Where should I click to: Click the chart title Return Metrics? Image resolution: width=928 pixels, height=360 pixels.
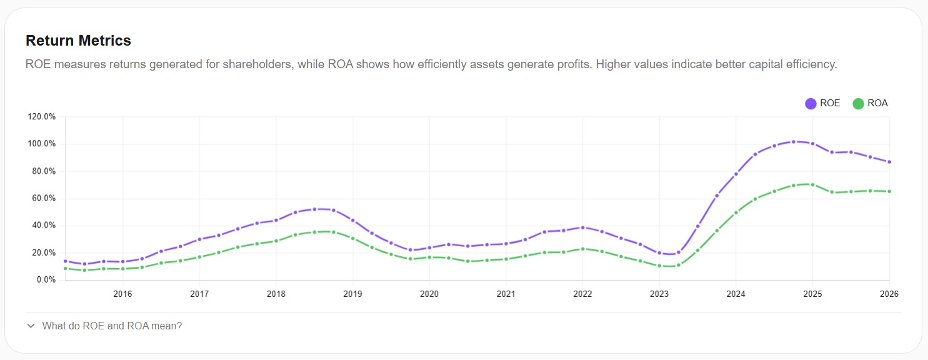(x=78, y=41)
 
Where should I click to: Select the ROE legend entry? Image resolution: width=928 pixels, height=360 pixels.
(x=823, y=104)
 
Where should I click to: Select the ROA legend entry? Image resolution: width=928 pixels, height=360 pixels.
(x=871, y=104)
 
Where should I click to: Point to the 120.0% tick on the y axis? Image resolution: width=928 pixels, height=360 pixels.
(x=42, y=117)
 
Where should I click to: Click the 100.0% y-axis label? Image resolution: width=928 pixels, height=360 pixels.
(x=42, y=144)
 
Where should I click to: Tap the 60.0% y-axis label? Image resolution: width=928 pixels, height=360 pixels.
(x=42, y=199)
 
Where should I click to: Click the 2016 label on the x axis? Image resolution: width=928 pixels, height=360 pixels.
(x=122, y=293)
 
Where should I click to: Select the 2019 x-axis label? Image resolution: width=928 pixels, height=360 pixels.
(x=352, y=293)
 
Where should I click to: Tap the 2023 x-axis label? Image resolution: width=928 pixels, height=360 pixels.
(x=659, y=293)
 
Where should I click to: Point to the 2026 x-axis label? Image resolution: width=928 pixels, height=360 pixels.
(x=889, y=293)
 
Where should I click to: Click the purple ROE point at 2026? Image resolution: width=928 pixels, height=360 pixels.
(x=889, y=162)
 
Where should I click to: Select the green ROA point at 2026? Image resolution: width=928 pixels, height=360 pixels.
(x=889, y=191)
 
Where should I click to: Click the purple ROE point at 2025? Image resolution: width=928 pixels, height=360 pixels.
(x=812, y=144)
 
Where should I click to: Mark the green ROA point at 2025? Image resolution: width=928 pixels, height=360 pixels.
(x=812, y=184)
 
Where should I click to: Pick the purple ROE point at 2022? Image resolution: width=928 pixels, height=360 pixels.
(x=582, y=227)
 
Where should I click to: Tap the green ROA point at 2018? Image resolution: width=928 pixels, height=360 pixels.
(x=276, y=241)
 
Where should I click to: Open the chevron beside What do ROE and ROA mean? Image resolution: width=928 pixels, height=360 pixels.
(x=31, y=326)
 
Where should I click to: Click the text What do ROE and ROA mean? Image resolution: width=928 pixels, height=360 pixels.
(x=112, y=326)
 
